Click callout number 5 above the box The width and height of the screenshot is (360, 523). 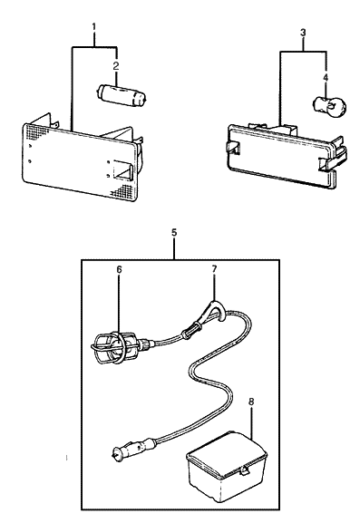point(173,233)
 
